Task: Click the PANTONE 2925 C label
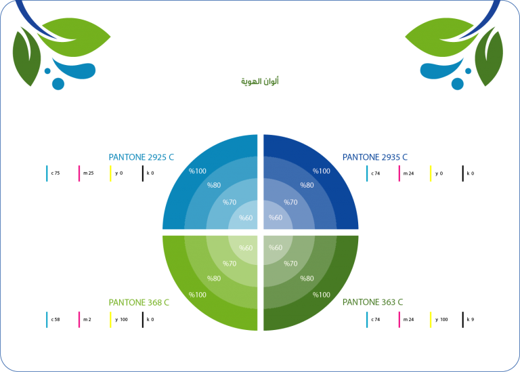(x=142, y=157)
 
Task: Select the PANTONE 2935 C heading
(x=375, y=157)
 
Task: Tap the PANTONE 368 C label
(x=139, y=302)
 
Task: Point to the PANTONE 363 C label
(x=373, y=302)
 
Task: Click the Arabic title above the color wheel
(x=260, y=81)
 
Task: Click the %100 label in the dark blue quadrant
(x=322, y=171)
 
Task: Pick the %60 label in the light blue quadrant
(x=246, y=218)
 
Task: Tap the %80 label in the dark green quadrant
(x=307, y=278)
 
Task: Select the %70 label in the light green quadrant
(x=230, y=264)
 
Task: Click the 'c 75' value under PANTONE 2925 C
(x=56, y=173)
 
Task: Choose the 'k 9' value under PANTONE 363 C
(x=471, y=319)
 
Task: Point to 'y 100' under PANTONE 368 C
(x=121, y=319)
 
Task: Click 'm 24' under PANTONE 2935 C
(x=408, y=173)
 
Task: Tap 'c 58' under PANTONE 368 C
(x=56, y=319)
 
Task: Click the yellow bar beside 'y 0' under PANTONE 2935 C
(x=431, y=173)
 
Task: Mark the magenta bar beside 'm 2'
(x=79, y=320)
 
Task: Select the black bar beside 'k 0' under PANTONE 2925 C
(x=143, y=173)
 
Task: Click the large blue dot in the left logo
(x=58, y=84)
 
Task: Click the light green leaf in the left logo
(x=74, y=37)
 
